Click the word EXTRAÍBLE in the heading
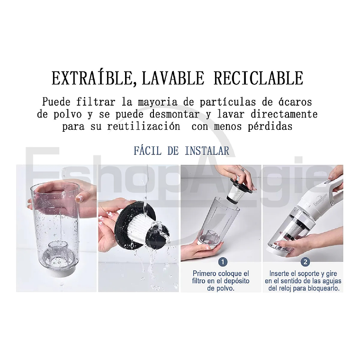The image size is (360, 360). pos(90,78)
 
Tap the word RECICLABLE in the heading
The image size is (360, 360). pos(258,78)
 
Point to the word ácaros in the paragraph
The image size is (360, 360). pos(298,102)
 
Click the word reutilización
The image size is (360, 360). pos(144,126)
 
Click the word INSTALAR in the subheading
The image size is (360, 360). pos(207,151)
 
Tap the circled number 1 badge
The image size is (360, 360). pos(223,262)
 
